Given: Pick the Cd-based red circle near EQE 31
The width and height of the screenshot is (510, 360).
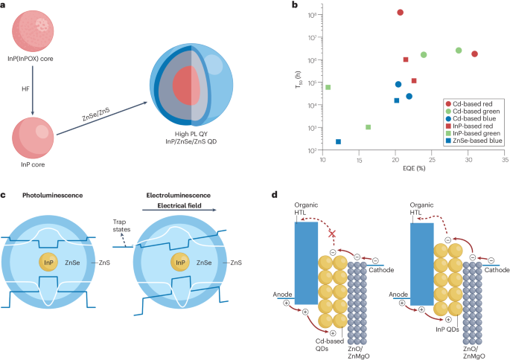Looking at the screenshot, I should pyautogui.click(x=474, y=54).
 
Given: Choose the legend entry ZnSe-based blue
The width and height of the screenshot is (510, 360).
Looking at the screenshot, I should pyautogui.click(x=451, y=139).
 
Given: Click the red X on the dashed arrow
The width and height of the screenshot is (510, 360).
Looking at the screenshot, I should pyautogui.click(x=333, y=234).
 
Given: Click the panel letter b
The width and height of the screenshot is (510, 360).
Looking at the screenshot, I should pyautogui.click(x=275, y=6).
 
